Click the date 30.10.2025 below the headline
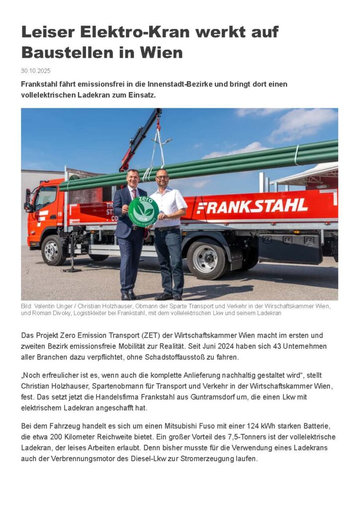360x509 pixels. click(36, 71)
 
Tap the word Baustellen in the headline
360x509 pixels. click(63, 52)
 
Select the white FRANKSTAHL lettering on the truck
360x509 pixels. click(252, 205)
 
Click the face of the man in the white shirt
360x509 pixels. click(162, 177)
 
